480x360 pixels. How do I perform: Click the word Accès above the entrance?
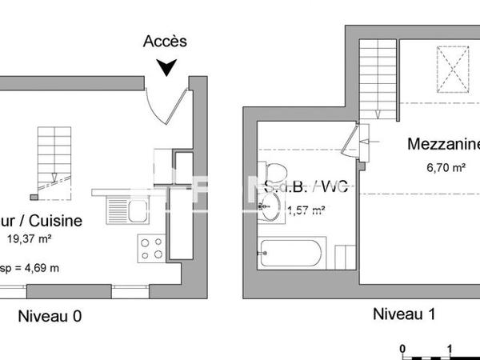click(x=166, y=42)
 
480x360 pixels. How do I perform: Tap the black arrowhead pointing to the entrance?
click(x=166, y=68)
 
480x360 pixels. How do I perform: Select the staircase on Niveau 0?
click(x=54, y=158)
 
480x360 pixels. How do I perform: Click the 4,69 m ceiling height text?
click(x=37, y=268)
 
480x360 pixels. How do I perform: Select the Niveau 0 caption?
click(x=50, y=316)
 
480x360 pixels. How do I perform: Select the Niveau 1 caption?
click(x=404, y=314)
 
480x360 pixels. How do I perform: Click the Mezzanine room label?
click(x=443, y=145)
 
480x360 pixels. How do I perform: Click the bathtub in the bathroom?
click(x=291, y=254)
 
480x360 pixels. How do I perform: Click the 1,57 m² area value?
click(x=306, y=210)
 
